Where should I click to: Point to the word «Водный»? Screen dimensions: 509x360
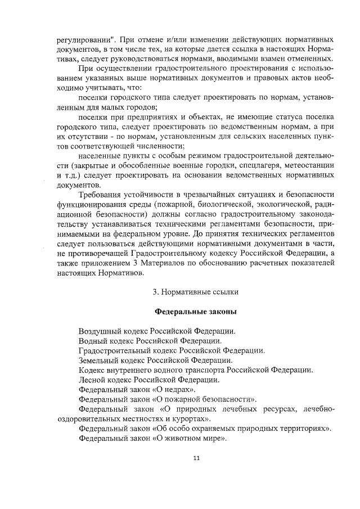tap(92, 341)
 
